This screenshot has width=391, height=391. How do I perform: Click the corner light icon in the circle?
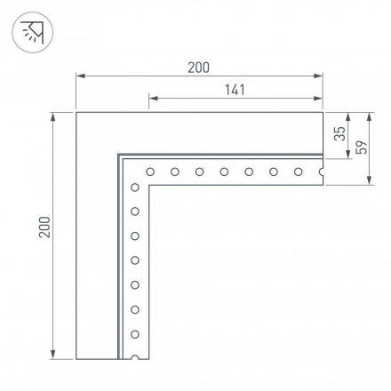tap(33, 33)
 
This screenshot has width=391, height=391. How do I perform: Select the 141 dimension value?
tap(235, 90)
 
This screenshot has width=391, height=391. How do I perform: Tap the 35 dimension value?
tap(339, 135)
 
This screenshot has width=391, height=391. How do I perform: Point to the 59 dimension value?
tap(361, 148)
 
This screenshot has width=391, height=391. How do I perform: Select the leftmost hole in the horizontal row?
tap(150, 172)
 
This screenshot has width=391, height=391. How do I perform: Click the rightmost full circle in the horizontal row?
tap(298, 172)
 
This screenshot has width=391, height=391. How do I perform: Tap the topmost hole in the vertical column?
tap(135, 187)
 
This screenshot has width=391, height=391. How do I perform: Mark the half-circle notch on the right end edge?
tap(321, 172)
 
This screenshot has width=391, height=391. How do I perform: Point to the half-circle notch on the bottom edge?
tap(135, 358)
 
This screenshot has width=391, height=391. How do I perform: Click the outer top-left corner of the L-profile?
tap(76, 113)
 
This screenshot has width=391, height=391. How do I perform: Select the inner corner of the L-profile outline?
tap(149, 186)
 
